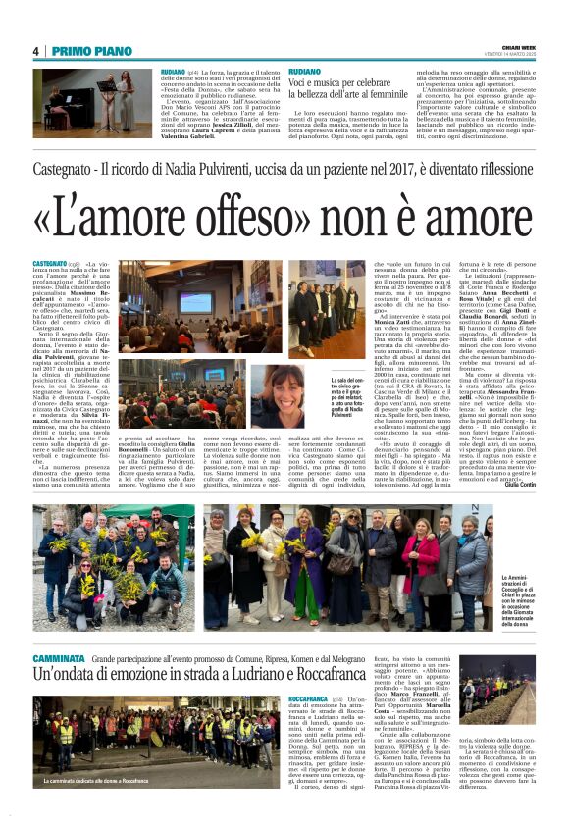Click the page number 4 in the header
coord(36,51)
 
